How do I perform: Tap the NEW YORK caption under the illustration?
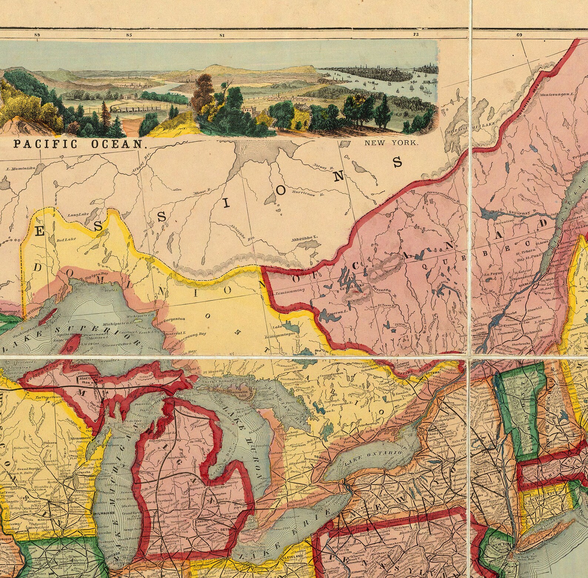point(391,143)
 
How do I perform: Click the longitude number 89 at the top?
point(36,35)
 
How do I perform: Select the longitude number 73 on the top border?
point(416,35)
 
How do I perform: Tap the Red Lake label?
point(66,239)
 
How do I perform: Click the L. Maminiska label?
point(23,168)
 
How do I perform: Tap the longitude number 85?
point(129,35)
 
